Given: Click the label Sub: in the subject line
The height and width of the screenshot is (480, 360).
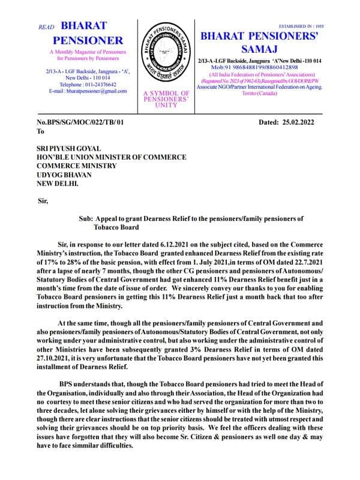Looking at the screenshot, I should coord(85,220).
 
